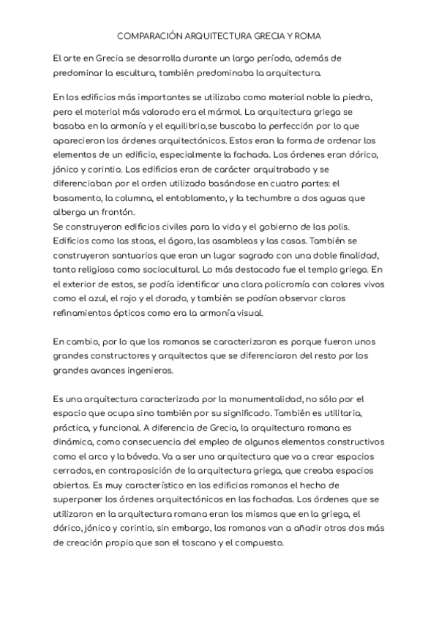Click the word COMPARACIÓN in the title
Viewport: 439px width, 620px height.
(150, 35)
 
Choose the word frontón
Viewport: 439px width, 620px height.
(108, 212)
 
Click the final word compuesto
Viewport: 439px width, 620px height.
(261, 544)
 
